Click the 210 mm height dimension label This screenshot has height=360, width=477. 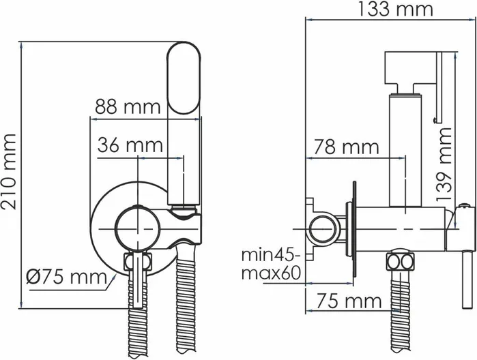tap(9, 172)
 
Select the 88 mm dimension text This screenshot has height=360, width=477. tap(128, 107)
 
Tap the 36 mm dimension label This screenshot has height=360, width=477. tap(130, 145)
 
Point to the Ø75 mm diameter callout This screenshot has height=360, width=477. tap(66, 277)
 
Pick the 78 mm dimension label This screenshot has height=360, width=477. tap(346, 147)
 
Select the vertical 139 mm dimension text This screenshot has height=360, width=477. tap(444, 164)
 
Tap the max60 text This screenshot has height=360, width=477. tap(271, 273)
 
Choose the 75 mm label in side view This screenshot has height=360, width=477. tap(349, 301)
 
